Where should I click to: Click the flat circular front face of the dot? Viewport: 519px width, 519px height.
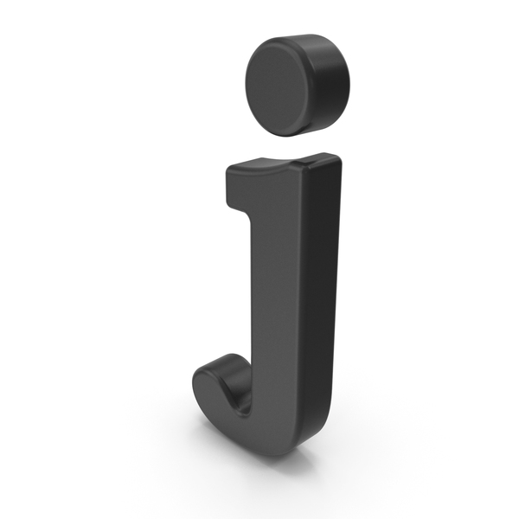click(x=280, y=86)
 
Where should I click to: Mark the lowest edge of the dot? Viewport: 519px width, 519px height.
click(x=285, y=136)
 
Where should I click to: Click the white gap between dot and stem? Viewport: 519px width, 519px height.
click(x=292, y=145)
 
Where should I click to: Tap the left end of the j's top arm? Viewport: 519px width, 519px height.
click(x=228, y=187)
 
